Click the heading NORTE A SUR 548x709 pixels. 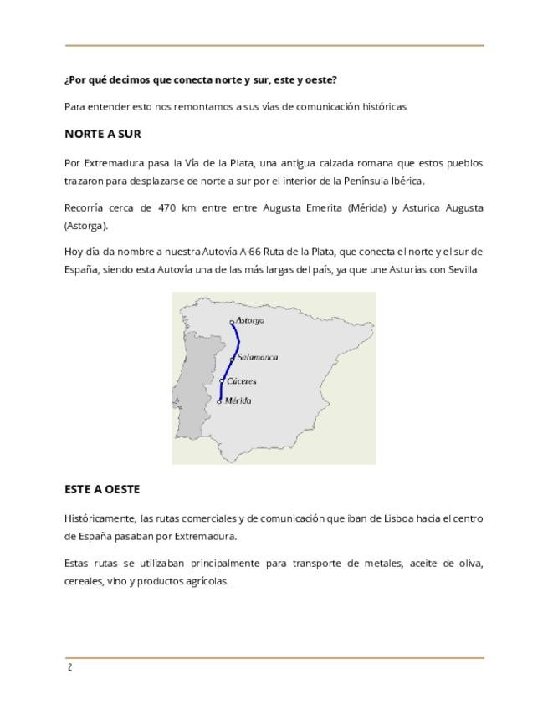click(102, 134)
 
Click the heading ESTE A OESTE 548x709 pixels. click(101, 489)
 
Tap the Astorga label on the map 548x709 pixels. click(249, 320)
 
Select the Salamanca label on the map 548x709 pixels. click(258, 358)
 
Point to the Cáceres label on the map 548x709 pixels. click(242, 381)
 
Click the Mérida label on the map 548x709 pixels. click(238, 401)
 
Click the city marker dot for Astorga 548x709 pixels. click(232, 322)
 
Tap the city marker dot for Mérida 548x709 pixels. click(219, 401)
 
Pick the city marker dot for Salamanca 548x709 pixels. click(233, 360)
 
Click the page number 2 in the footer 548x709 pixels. click(70, 667)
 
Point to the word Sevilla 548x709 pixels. click(463, 269)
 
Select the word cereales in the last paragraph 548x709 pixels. click(83, 581)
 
